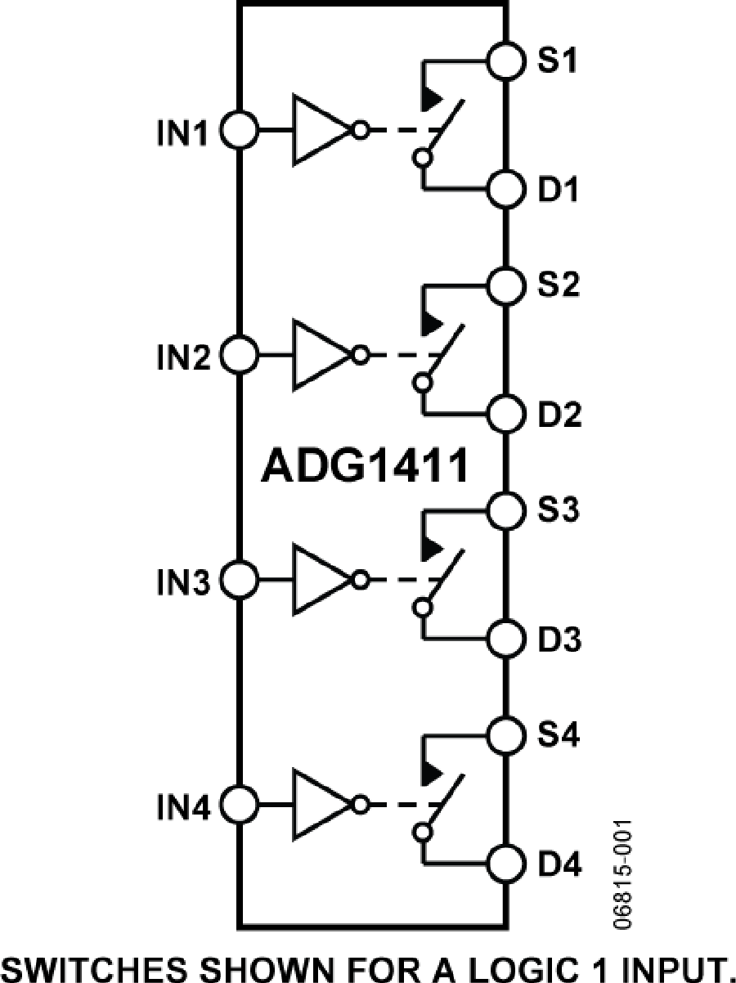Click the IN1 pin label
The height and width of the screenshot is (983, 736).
tap(185, 132)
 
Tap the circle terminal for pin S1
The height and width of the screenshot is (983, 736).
tap(505, 60)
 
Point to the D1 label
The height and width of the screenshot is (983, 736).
tap(560, 191)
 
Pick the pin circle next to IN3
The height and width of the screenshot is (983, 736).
tap(240, 581)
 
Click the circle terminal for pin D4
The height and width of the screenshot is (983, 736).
tap(505, 862)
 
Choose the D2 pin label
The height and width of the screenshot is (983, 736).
tap(560, 415)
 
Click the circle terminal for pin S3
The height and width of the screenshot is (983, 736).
tap(505, 510)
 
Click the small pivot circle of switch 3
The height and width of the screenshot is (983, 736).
tap(423, 607)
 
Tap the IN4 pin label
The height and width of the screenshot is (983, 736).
tap(185, 808)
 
